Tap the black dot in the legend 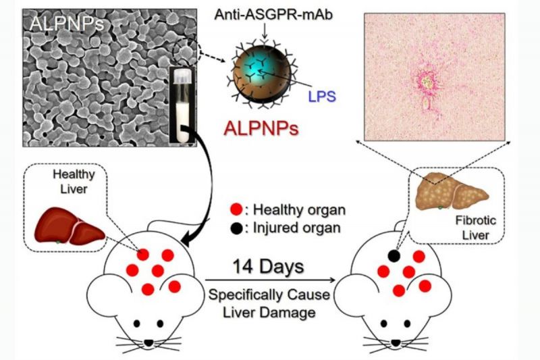[238, 226]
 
